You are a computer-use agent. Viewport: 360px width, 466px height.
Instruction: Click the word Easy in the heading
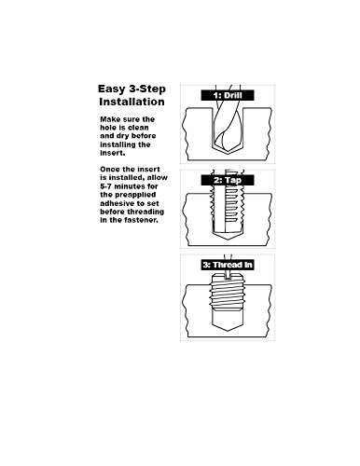point(111,89)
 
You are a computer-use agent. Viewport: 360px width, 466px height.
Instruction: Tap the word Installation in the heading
point(132,102)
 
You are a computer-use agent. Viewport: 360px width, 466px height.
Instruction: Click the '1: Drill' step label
point(228,95)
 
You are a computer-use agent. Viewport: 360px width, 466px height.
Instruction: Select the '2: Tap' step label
point(228,180)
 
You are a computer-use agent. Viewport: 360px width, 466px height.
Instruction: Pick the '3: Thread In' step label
point(228,265)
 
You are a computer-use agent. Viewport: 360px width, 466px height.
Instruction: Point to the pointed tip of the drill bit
point(228,154)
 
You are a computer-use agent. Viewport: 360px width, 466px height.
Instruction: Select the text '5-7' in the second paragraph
point(105,186)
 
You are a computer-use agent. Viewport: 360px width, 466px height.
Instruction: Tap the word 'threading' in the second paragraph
point(145,212)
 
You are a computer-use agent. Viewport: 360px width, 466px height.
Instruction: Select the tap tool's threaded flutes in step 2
point(228,206)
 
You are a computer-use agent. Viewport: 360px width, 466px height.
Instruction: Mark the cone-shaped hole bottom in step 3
point(228,326)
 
